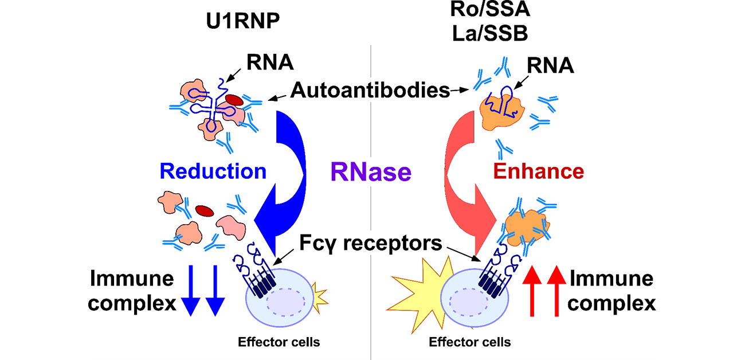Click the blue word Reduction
(x=213, y=171)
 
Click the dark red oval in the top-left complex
(x=233, y=100)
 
